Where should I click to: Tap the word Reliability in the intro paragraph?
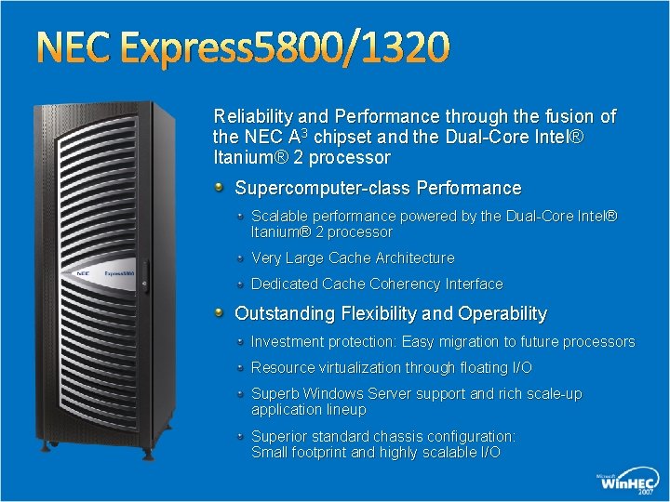[250, 117]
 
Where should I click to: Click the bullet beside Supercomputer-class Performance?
[220, 187]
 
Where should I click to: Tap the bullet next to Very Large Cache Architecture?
[241, 257]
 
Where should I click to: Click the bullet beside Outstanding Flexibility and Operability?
[220, 312]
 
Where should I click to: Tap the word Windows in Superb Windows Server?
[333, 394]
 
